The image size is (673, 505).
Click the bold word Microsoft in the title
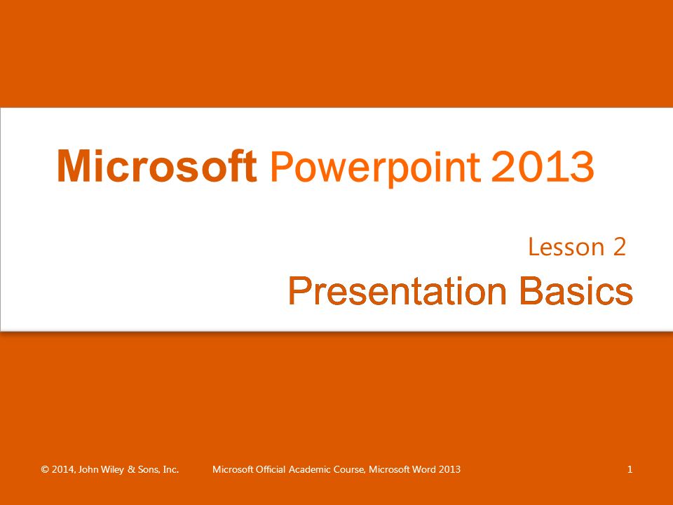[x=156, y=166]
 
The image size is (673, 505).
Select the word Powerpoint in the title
[x=375, y=169]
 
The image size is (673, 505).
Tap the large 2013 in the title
[x=543, y=166]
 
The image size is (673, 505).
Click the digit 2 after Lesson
[x=619, y=247]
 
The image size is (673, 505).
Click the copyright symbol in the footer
[x=45, y=469]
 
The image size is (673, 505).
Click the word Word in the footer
[x=424, y=469]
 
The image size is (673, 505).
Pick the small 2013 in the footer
[x=449, y=469]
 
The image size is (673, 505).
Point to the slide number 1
[x=630, y=469]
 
